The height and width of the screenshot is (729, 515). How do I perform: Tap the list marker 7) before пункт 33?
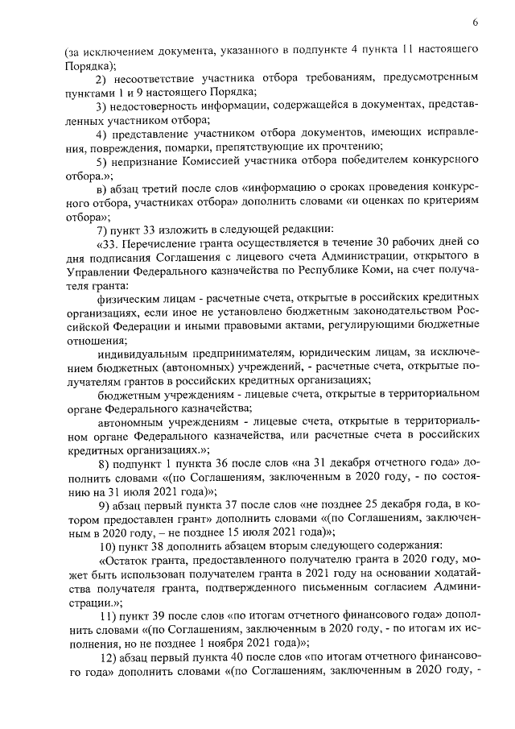pyautogui.click(x=102, y=230)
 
